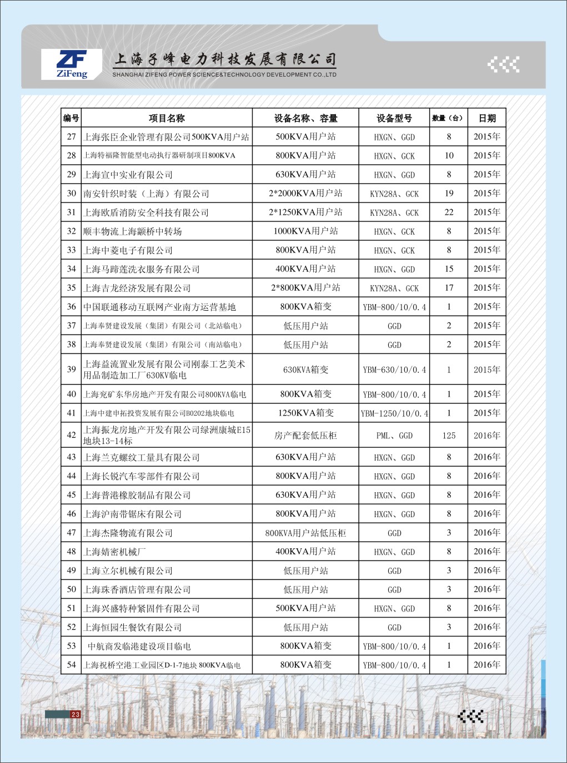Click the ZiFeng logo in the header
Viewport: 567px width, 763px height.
point(72,64)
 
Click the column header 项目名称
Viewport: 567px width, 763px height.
point(167,118)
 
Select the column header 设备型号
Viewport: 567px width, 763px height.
point(394,118)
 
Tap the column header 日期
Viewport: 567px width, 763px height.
point(487,118)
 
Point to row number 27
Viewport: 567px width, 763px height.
point(72,137)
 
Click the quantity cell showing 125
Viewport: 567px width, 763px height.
point(449,436)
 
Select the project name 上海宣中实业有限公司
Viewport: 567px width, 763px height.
point(128,175)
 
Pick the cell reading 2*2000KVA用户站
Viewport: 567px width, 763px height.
point(305,194)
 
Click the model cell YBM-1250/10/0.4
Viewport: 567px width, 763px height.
point(394,413)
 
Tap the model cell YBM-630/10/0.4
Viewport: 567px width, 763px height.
point(394,370)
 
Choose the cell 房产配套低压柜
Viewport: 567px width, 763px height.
point(305,436)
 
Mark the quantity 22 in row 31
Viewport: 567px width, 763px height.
point(449,213)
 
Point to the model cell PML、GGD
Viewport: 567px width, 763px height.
point(394,436)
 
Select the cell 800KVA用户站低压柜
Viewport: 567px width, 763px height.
point(305,533)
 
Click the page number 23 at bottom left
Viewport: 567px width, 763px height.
point(76,714)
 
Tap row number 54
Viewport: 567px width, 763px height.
point(72,665)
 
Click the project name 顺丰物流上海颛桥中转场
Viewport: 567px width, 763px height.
point(133,231)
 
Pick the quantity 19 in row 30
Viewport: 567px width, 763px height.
point(449,194)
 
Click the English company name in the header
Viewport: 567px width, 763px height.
point(224,74)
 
